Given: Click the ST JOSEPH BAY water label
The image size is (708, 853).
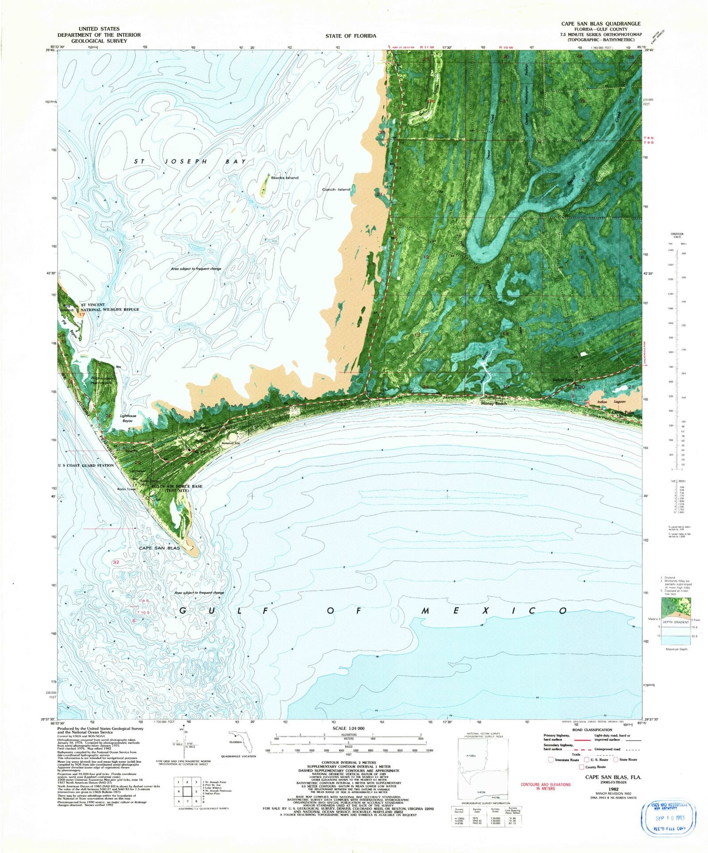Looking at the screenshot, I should [190, 161].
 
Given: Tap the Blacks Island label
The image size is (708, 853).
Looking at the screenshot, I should [285, 178].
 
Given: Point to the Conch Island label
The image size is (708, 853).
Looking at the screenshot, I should [336, 190].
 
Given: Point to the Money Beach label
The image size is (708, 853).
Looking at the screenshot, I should [494, 403].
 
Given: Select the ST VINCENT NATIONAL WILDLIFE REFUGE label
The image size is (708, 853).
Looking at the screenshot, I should [110, 307].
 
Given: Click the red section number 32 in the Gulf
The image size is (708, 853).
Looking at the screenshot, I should [116, 562].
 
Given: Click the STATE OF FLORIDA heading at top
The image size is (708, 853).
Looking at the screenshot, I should [351, 36].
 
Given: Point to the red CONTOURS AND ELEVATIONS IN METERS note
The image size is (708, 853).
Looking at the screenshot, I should [545, 786].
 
